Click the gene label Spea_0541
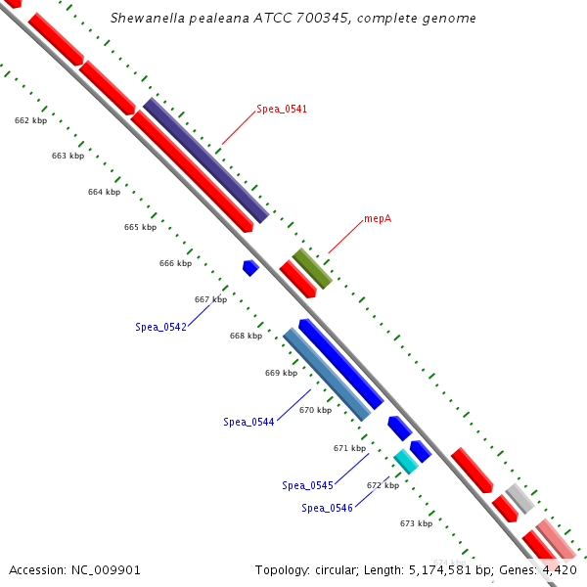coord(282,109)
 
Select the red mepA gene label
coord(378,218)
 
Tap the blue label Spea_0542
coord(160,327)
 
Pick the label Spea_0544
coord(248,422)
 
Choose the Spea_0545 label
coord(307,485)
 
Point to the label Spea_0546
coord(327,508)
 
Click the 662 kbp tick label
coord(30,120)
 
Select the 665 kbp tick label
coord(140,227)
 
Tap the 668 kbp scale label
coord(246,336)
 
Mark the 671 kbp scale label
coord(349,448)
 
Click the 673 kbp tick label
coord(416,523)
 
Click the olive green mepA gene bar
coord(312,268)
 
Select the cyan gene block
coord(406,462)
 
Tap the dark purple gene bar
coord(205,160)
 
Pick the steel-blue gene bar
coord(327,374)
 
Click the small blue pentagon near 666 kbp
coord(250,267)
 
